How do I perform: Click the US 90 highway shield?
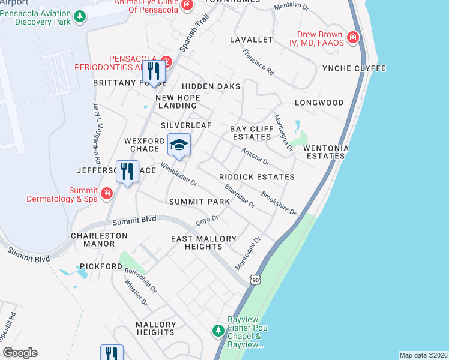click(x=256, y=280)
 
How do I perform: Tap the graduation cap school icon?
click(x=179, y=145)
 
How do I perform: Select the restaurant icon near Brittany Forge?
click(x=154, y=71)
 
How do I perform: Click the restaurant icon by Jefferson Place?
click(x=127, y=172)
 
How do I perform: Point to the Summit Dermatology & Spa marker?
click(x=107, y=193)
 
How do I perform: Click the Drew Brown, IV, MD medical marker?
click(x=353, y=38)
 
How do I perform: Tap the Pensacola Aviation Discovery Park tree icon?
click(x=77, y=22)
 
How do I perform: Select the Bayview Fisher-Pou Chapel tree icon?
click(x=218, y=331)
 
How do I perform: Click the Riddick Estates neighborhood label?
click(x=256, y=177)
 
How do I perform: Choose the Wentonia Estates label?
click(x=325, y=152)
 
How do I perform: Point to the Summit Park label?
click(x=199, y=202)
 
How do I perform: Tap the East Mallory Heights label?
click(x=203, y=242)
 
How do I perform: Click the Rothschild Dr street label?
click(x=140, y=280)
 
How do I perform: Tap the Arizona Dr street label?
click(x=255, y=157)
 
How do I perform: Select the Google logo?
click(x=20, y=353)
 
